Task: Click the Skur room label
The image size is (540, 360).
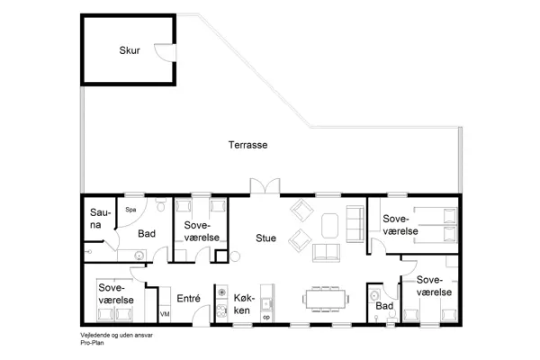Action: coord(130,50)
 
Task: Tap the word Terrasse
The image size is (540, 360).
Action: coord(248,145)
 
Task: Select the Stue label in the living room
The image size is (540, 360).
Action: coord(265,238)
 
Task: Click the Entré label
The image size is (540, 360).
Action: coord(188,298)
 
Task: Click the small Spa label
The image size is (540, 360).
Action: coord(130,210)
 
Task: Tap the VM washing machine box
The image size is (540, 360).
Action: coord(165,314)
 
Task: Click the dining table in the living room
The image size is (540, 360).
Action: coord(326,299)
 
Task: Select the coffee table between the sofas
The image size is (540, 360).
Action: coord(329,226)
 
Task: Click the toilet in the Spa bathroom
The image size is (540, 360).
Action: coord(161,204)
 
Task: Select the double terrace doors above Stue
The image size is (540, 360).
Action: coord(265,186)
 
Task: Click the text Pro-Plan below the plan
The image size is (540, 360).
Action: coord(92,343)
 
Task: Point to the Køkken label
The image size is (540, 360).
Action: coord(244,304)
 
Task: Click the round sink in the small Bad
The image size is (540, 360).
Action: coord(374,295)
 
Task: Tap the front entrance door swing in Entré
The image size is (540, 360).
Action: coord(201,315)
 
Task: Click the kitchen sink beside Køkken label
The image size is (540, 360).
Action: coord(266,303)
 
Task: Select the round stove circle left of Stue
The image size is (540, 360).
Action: coord(235,256)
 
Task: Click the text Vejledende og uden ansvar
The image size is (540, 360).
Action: coord(116,335)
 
